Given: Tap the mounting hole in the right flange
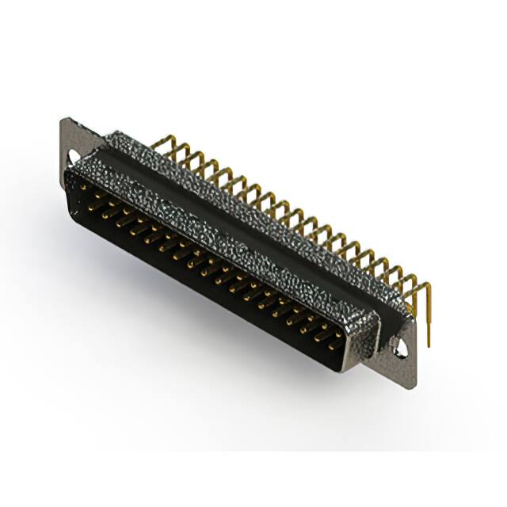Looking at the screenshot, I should coord(402,345).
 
